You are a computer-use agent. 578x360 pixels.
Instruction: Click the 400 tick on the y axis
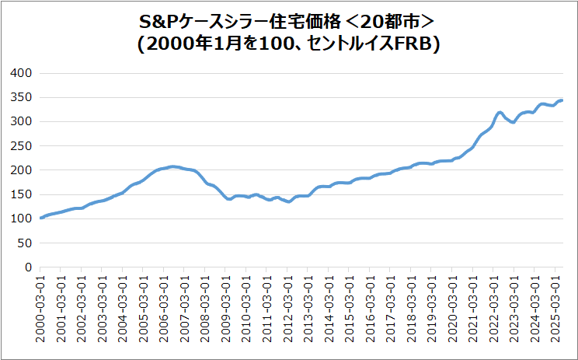[21, 73]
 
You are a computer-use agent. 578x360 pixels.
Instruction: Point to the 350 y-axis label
[21, 97]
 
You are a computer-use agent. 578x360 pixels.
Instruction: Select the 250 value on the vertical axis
[21, 145]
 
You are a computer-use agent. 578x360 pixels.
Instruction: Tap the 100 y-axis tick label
[21, 218]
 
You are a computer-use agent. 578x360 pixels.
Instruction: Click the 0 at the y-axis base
[27, 267]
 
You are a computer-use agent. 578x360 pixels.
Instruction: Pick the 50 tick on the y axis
[24, 243]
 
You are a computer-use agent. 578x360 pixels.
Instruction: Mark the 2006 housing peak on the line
[172, 166]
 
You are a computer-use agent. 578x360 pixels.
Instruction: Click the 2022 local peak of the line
[500, 113]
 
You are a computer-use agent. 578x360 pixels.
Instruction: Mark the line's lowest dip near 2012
[288, 201]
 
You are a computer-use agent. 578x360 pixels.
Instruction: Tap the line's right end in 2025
[562, 100]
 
